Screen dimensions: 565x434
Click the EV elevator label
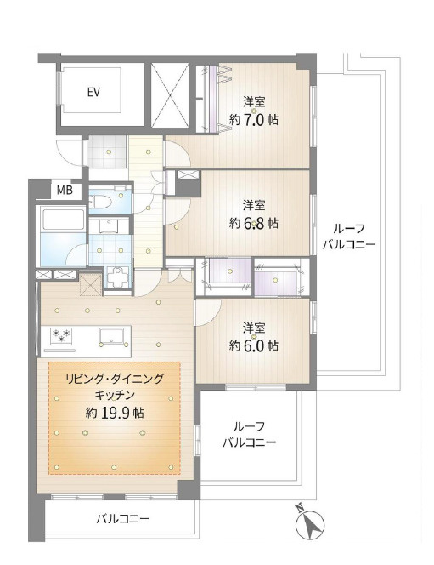pos(93,92)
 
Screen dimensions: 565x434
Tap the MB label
pos(65,190)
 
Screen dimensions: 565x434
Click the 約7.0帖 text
pos(254,120)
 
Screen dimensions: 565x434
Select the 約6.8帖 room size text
pos(254,223)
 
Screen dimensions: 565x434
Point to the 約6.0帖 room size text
pos(254,345)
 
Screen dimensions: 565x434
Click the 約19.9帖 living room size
pos(114,414)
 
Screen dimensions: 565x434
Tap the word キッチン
pos(114,396)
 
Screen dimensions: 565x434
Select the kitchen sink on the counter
pos(111,334)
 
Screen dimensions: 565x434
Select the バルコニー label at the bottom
pos(123,518)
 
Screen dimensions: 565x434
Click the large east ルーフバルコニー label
pos(349,238)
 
